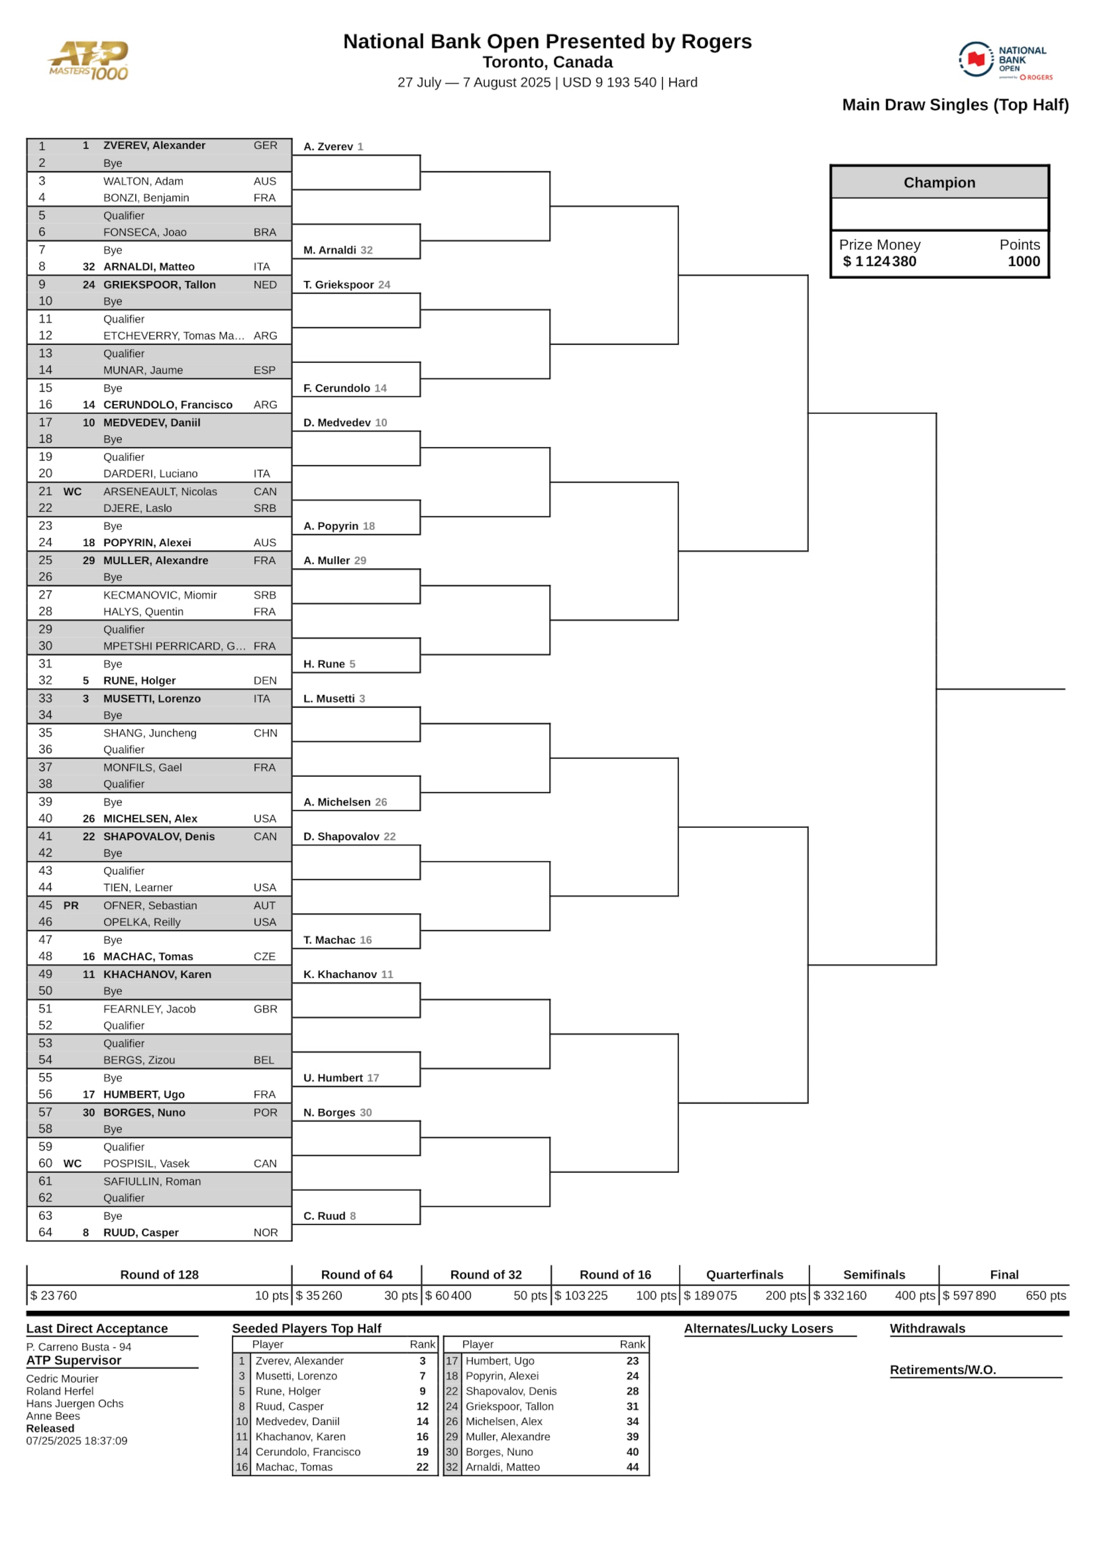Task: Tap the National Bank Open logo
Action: [1005, 60]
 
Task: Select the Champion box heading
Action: [939, 183]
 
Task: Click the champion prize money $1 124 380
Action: [879, 262]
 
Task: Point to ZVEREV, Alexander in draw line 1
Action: [154, 146]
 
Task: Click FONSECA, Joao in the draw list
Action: [145, 232]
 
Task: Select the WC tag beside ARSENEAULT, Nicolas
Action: [73, 492]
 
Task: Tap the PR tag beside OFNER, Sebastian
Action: [71, 905]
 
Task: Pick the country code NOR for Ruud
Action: [266, 1233]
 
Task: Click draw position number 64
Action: [45, 1233]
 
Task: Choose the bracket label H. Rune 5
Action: [329, 664]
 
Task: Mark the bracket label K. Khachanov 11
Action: [348, 974]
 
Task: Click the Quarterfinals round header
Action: [744, 1275]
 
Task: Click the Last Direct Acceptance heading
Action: [97, 1329]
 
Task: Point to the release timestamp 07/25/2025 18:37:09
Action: [77, 1441]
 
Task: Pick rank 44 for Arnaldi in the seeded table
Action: [632, 1467]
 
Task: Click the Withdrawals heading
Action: [927, 1329]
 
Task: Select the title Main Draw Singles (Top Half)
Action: [955, 105]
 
